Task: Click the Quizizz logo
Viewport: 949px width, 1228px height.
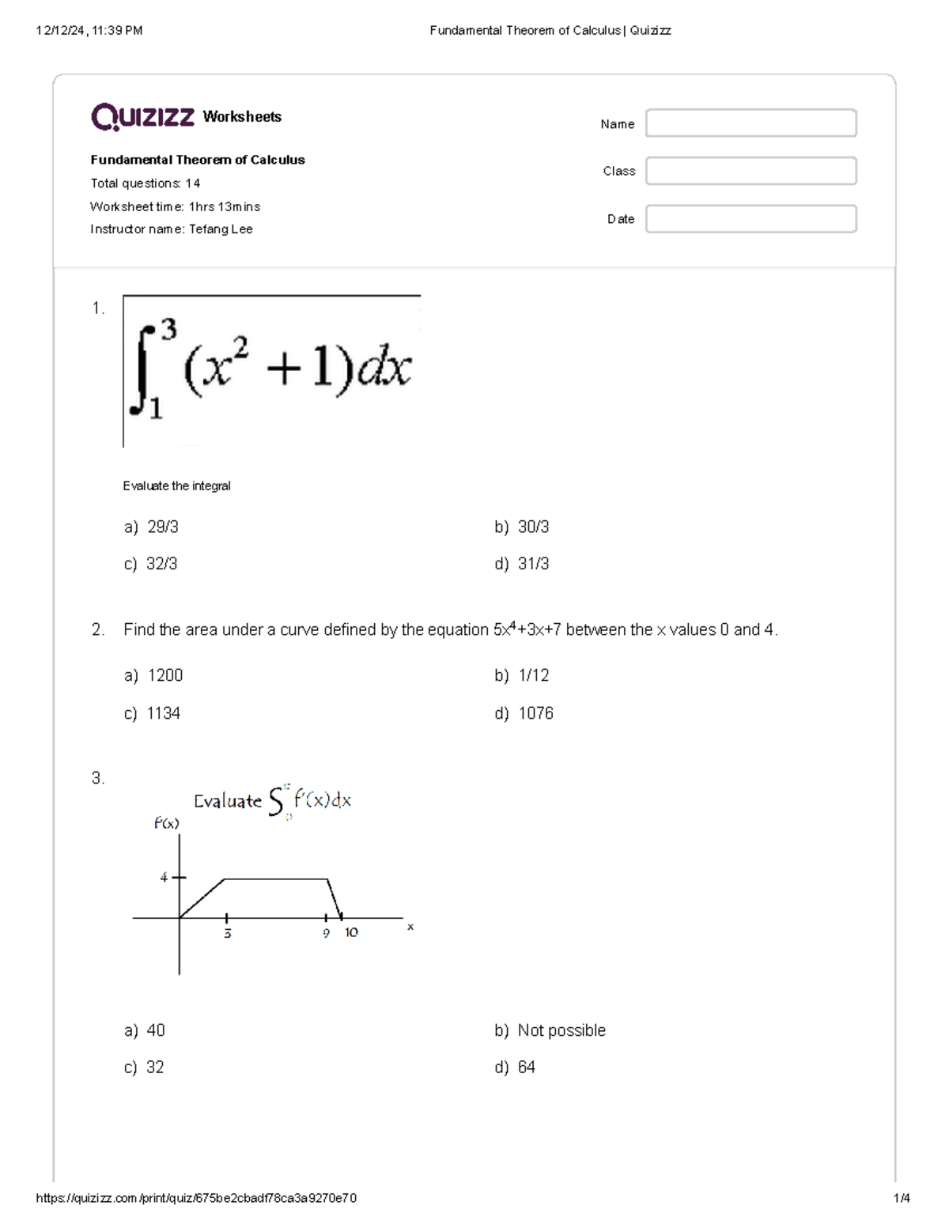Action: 142,117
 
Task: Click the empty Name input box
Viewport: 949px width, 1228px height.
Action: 751,123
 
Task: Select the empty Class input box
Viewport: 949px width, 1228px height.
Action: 751,171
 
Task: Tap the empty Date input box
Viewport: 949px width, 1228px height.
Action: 751,219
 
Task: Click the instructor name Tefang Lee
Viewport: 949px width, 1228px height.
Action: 221,229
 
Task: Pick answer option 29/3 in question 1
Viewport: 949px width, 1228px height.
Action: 162,527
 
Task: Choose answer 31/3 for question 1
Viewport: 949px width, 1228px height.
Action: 533,564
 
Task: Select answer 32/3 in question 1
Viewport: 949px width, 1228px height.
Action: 161,564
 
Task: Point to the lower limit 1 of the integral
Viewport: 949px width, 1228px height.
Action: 156,408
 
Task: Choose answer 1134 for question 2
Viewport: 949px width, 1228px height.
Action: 163,713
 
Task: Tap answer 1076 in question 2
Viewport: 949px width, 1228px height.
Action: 535,713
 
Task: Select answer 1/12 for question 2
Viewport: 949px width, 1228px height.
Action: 533,675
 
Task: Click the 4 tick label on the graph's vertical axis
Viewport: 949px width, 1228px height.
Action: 164,878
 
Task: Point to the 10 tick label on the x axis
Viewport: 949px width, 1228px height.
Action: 351,933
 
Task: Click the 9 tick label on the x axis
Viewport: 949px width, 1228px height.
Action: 326,934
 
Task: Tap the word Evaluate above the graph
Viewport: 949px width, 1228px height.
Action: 228,801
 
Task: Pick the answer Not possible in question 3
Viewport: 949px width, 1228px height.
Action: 561,1030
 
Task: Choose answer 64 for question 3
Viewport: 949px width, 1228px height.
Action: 526,1067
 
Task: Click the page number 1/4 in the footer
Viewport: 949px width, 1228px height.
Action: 901,1198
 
